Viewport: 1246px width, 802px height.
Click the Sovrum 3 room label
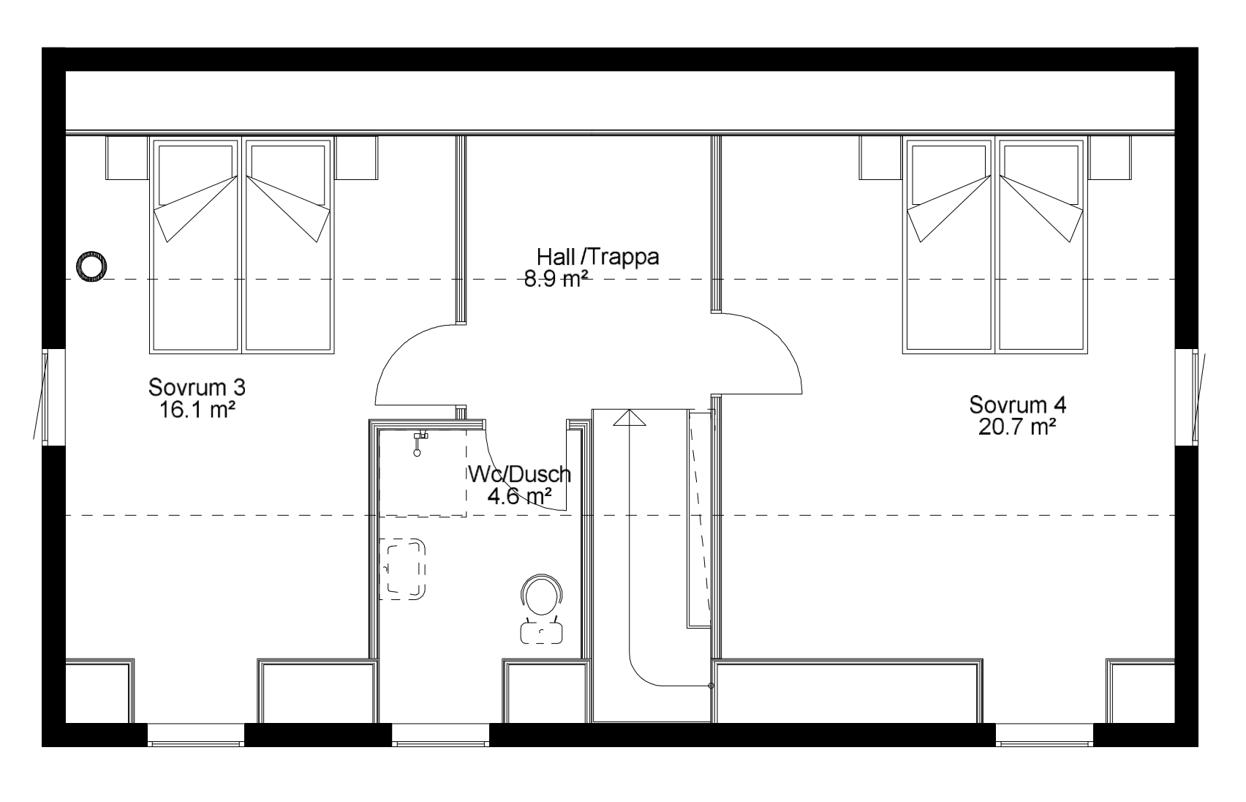point(197,387)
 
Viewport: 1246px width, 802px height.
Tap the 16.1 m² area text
point(197,411)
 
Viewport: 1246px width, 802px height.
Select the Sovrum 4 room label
point(1017,405)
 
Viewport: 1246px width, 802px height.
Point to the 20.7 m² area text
point(1017,427)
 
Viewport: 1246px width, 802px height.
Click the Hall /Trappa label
point(598,257)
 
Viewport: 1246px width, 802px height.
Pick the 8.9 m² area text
point(556,279)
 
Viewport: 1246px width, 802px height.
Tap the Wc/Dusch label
point(520,474)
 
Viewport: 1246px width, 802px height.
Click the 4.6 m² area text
point(520,495)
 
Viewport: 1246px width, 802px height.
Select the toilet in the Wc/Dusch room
point(541,609)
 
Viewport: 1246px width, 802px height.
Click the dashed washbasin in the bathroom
point(403,569)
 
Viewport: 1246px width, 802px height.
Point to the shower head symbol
point(418,443)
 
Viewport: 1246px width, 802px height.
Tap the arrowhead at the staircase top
point(630,417)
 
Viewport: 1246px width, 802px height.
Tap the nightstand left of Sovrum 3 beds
point(127,158)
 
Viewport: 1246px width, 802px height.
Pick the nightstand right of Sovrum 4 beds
point(1110,158)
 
